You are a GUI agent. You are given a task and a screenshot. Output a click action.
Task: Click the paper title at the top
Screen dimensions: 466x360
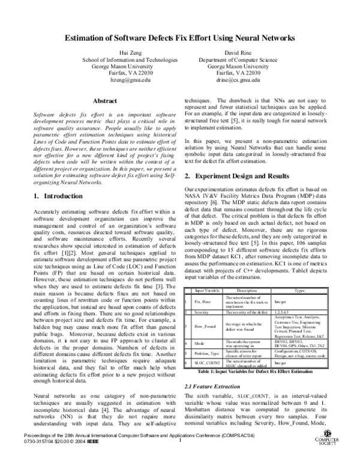tap(180, 38)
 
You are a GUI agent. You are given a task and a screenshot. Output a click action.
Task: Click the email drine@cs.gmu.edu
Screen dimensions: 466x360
tap(239, 79)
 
